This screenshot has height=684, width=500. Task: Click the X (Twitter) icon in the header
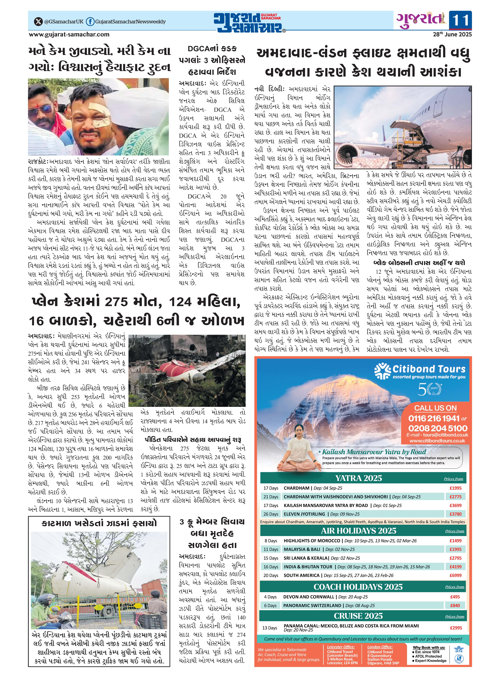pyautogui.click(x=38, y=21)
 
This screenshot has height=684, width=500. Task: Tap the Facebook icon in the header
pyautogui.click(x=90, y=21)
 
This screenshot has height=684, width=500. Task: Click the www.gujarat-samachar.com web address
pyautogui.click(x=69, y=35)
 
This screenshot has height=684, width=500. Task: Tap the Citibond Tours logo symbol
pyautogui.click(x=382, y=371)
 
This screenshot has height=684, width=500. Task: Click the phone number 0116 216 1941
pyautogui.click(x=434, y=418)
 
